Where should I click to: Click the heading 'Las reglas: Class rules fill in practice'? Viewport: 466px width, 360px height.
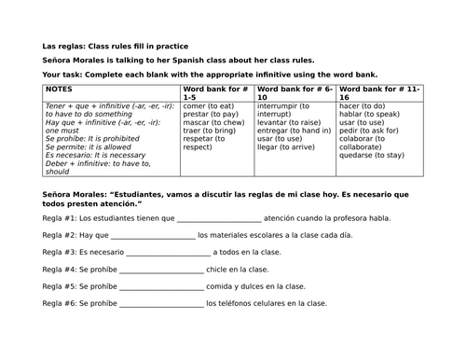pos(115,45)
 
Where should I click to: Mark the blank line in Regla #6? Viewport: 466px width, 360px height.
pos(162,303)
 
